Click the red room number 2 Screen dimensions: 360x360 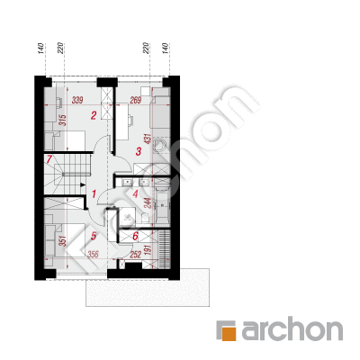coord(94,115)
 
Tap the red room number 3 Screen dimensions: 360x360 coord(138,151)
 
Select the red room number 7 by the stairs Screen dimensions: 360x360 coord(49,159)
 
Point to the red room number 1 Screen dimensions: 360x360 coord(94,194)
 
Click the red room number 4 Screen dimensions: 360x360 coord(135,194)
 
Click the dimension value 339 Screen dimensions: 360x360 coord(77,100)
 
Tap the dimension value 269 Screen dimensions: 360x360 coord(135,100)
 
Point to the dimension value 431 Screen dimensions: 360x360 coord(148,139)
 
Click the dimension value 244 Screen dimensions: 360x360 coord(148,202)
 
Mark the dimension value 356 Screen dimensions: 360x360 coord(93,255)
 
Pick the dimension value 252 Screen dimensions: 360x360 coord(135,255)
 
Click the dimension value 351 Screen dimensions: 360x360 coord(62,241)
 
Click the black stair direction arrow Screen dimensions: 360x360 coord(83,185)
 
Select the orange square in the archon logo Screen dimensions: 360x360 coord(229,333)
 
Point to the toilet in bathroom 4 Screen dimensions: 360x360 coord(144,218)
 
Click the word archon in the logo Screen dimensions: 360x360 coord(292,330)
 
